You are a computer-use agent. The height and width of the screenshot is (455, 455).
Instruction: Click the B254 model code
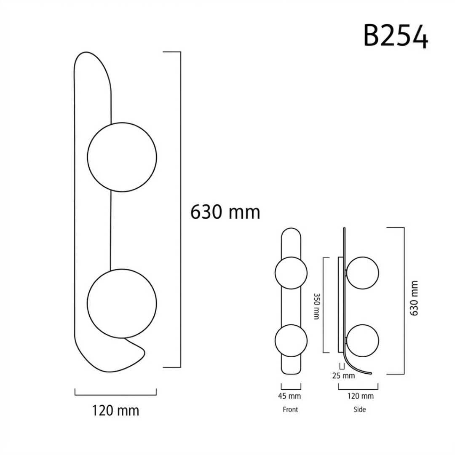tap(396, 36)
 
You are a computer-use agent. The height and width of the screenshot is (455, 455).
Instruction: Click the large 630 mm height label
tap(225, 212)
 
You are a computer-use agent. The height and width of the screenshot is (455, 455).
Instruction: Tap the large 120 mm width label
tap(115, 410)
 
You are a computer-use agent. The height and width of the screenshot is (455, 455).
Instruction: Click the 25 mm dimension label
tap(344, 376)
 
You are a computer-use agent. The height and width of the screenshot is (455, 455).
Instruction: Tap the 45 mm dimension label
tap(289, 396)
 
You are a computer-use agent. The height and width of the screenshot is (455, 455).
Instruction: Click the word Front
tap(290, 409)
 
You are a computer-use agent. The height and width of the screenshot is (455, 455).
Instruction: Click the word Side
tap(359, 409)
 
